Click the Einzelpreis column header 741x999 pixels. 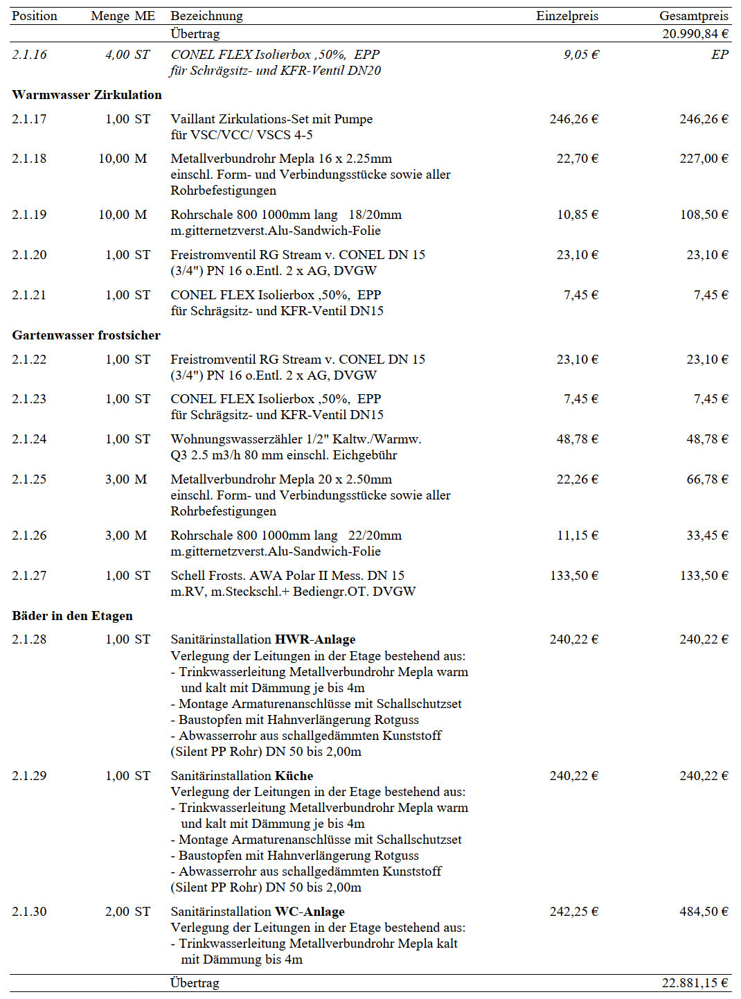pyautogui.click(x=566, y=16)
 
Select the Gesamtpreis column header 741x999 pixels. pyautogui.click(x=693, y=16)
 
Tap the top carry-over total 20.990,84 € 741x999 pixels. pyautogui.click(x=695, y=33)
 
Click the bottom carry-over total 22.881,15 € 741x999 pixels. pyautogui.click(x=695, y=982)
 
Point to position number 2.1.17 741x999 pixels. pyautogui.click(x=29, y=119)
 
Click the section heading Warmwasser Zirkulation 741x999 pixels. pyautogui.click(x=87, y=95)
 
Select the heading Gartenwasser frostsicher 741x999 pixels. pyautogui.click(x=86, y=335)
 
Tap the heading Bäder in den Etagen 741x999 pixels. pyautogui.click(x=72, y=616)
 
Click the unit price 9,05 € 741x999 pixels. pyautogui.click(x=581, y=55)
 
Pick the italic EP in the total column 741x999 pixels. pyautogui.click(x=720, y=55)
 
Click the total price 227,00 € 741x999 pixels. pyautogui.click(x=704, y=159)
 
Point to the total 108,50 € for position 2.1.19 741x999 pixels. pyautogui.click(x=704, y=215)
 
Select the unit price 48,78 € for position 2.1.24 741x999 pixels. pyautogui.click(x=578, y=439)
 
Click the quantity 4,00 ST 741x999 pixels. pyautogui.click(x=127, y=55)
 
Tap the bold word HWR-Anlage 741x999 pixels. pyautogui.click(x=315, y=639)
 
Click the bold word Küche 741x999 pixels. pyautogui.click(x=294, y=776)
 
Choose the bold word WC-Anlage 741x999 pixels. pyautogui.click(x=310, y=912)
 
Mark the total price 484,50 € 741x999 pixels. pyautogui.click(x=704, y=912)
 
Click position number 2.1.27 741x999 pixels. pyautogui.click(x=29, y=576)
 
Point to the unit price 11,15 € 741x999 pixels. pyautogui.click(x=578, y=536)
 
